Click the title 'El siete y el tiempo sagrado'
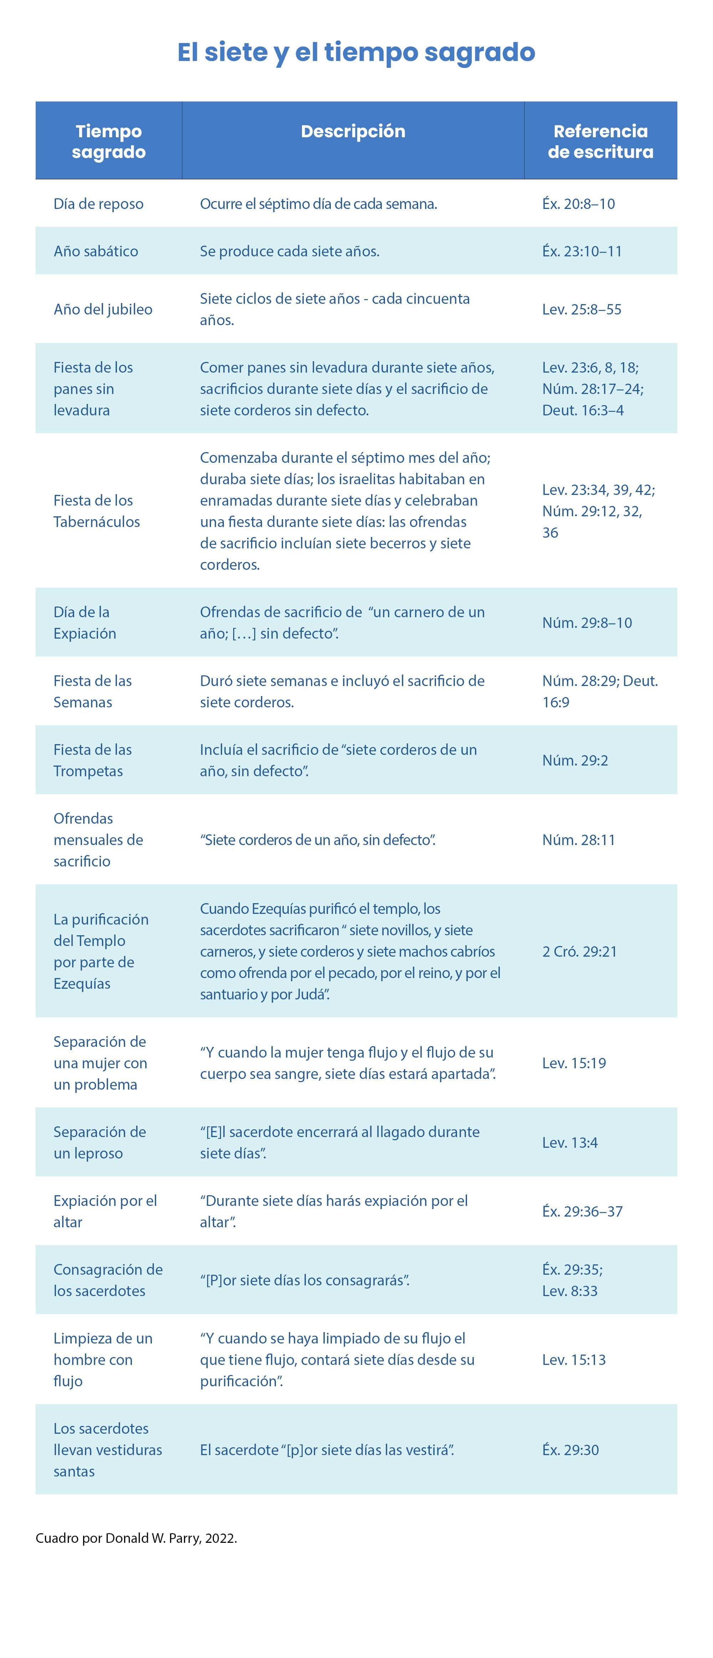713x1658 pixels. click(x=356, y=52)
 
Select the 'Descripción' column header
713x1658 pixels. click(x=353, y=131)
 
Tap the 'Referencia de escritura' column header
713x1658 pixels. click(x=600, y=142)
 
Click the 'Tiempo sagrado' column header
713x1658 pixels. click(x=109, y=142)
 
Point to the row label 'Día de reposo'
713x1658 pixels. click(x=98, y=204)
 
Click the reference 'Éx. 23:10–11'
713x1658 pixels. click(x=582, y=251)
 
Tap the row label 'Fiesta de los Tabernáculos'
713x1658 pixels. click(x=97, y=511)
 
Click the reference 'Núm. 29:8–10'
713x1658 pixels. click(x=587, y=623)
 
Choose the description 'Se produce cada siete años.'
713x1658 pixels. click(x=289, y=251)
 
